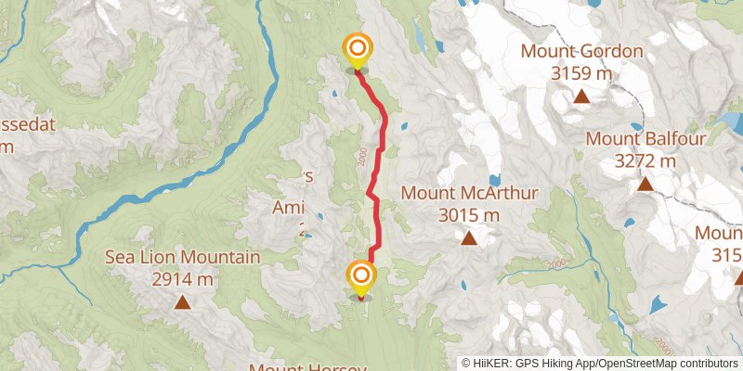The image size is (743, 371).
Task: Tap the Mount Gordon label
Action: point(581,51)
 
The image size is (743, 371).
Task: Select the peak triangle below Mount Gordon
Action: point(581,96)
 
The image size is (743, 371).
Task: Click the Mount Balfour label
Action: point(646,140)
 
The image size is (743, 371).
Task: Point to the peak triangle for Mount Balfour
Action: point(645,185)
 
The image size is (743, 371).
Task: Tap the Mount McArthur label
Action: point(470,194)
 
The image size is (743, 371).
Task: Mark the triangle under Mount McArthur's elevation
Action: point(469,238)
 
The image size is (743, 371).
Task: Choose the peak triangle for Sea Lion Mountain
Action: point(183,301)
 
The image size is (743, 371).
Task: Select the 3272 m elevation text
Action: point(646,160)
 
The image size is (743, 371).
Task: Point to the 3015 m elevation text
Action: point(469,214)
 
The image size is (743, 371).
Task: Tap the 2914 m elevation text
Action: point(183,277)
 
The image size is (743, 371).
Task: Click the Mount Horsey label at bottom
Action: point(310,367)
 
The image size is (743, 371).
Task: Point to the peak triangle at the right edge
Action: point(738,277)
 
